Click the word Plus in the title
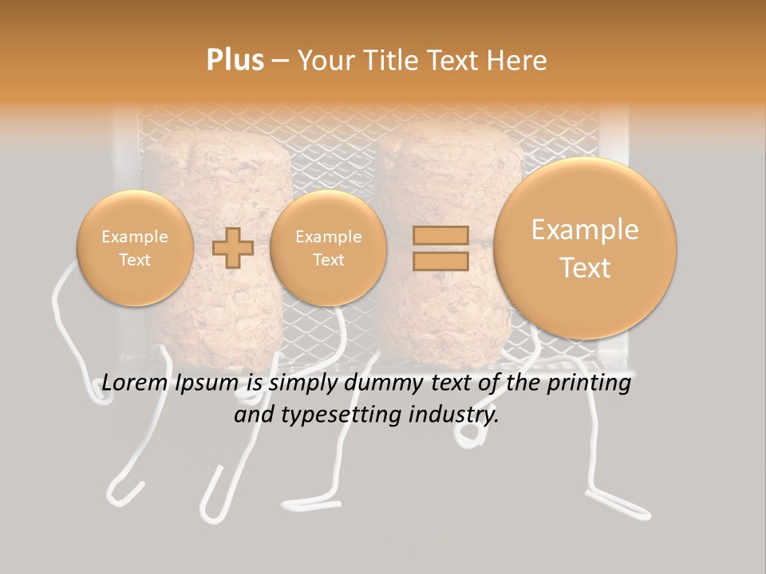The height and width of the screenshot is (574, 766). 235,61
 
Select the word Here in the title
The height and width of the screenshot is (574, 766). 518,61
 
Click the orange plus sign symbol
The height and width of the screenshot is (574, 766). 233,248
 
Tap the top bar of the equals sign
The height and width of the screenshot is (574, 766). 440,235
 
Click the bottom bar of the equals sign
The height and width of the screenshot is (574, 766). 440,261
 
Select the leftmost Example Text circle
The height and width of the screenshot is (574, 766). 135,248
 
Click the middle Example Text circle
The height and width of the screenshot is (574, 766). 328,248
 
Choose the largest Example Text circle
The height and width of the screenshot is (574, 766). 585,248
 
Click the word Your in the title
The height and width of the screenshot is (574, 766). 324,61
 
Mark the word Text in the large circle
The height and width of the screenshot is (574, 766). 585,268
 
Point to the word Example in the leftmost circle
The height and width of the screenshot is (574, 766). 135,237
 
